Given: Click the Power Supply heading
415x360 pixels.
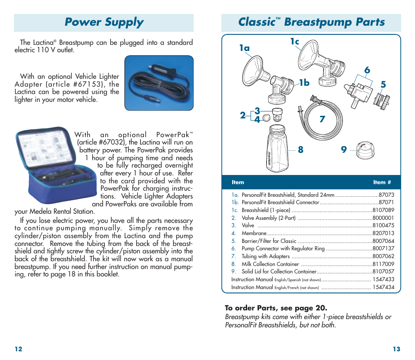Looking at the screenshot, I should tap(104, 23).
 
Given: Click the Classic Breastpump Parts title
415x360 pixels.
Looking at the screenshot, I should tap(311, 23).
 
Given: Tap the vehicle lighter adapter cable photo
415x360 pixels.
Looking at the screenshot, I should tap(159, 83).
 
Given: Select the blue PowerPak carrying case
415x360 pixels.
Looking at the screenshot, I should tap(57, 165).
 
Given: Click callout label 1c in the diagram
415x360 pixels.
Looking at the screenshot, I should tap(295, 42).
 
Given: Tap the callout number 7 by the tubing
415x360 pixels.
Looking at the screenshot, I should tap(322, 119).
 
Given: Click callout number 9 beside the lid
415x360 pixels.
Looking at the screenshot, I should tap(344, 150).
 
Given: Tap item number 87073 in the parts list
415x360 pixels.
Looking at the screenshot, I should tap(386, 195).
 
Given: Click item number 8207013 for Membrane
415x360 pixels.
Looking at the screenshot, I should tap(383, 233).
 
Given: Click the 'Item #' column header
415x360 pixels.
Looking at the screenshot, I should tap(382, 182).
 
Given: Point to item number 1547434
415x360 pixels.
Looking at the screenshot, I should tap(383, 287).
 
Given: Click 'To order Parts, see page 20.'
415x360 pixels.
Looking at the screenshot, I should tap(276, 308).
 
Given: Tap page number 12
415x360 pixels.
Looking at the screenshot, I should tap(18, 349).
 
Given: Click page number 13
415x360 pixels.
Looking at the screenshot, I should tap(396, 349).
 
